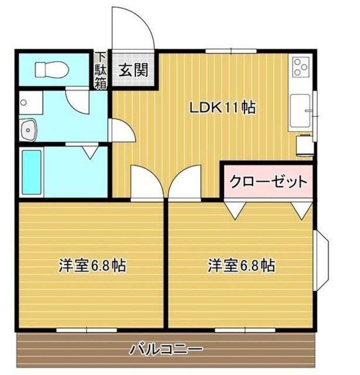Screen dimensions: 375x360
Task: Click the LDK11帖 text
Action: click(221, 108)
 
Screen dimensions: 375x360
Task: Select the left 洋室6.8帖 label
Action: click(92, 265)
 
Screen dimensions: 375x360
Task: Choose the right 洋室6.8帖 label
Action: click(241, 265)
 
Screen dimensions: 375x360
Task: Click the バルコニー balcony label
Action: click(166, 350)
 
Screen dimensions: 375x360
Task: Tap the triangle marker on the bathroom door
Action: click(90, 152)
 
